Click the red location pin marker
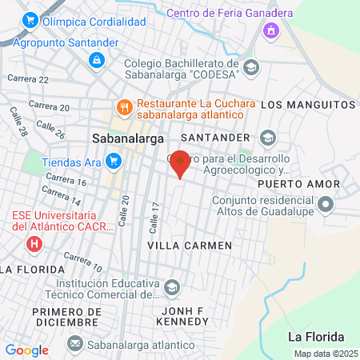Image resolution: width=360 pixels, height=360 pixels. pyautogui.click(x=181, y=162)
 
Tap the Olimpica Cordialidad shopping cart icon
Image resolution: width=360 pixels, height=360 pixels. pyautogui.click(x=31, y=21)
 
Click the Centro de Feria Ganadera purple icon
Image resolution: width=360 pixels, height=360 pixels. pyautogui.click(x=270, y=30)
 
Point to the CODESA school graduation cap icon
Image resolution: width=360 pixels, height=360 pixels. pyautogui.click(x=251, y=67)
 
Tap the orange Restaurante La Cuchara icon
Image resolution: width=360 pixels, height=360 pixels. pyautogui.click(x=124, y=105)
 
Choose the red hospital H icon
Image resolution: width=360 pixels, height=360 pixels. pyautogui.click(x=34, y=242)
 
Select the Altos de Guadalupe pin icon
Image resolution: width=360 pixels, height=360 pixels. pyautogui.click(x=325, y=206)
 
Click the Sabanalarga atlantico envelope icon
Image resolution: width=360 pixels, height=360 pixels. pyautogui.click(x=74, y=343)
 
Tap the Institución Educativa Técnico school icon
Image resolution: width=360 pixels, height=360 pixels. pyautogui.click(x=171, y=286)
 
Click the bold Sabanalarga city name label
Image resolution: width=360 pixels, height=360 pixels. pyautogui.click(x=123, y=136)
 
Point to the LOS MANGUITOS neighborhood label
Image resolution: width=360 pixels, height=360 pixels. pyautogui.click(x=307, y=105)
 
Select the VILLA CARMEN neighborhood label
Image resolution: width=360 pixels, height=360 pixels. pyautogui.click(x=190, y=245)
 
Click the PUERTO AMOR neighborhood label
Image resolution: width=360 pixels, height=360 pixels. pyautogui.click(x=310, y=184)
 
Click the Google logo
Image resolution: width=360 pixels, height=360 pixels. pyautogui.click(x=27, y=350)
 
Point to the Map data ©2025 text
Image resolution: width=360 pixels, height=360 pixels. pyautogui.click(x=325, y=354)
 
